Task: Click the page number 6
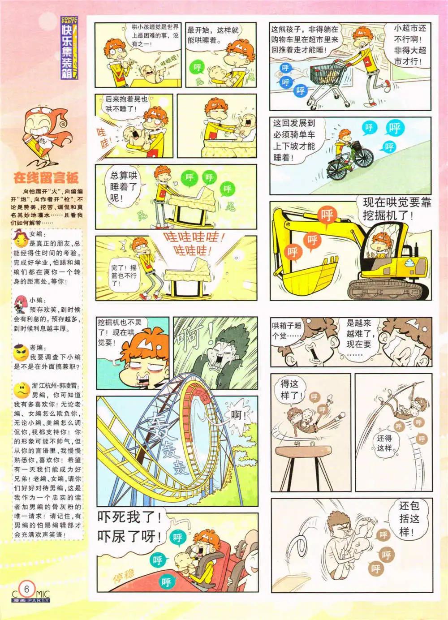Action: pyautogui.click(x=27, y=588)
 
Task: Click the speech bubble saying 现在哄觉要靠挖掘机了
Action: pyautogui.click(x=396, y=209)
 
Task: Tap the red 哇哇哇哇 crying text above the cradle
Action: pyautogui.click(x=194, y=242)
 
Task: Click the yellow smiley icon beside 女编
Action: pyautogui.click(x=21, y=241)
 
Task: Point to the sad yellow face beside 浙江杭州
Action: pyautogui.click(x=21, y=389)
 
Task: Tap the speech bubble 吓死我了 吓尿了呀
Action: pyautogui.click(x=130, y=527)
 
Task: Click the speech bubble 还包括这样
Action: pyautogui.click(x=409, y=519)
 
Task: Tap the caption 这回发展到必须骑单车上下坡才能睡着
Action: pyautogui.click(x=294, y=139)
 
